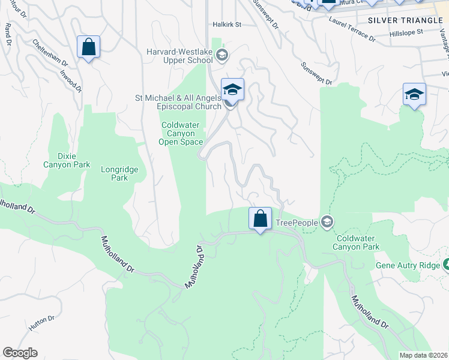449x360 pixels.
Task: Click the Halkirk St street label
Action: click(x=226, y=25)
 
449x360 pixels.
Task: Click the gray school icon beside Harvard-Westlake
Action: click(x=222, y=56)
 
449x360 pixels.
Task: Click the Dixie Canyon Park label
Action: click(x=67, y=160)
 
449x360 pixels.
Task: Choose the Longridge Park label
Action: click(x=119, y=173)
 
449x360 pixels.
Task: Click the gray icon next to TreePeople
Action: click(x=327, y=223)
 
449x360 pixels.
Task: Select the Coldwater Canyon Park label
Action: click(x=357, y=242)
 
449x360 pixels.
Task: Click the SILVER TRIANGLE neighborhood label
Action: click(x=405, y=20)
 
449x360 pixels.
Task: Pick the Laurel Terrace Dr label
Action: click(x=352, y=30)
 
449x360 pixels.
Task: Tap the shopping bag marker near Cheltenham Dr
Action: click(x=88, y=47)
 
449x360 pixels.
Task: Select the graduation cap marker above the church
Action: click(x=232, y=90)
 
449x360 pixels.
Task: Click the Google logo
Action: click(x=20, y=353)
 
